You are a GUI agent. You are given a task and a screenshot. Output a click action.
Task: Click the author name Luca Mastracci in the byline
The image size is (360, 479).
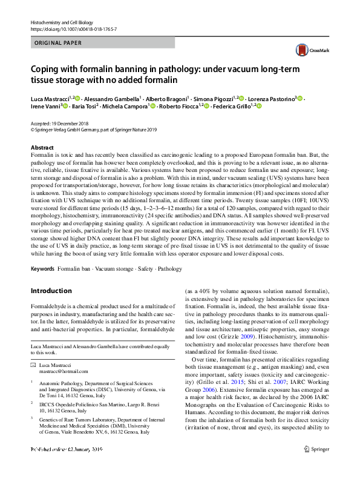[x=50, y=98]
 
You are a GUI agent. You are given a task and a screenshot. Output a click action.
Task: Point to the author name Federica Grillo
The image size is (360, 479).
[x=238, y=106]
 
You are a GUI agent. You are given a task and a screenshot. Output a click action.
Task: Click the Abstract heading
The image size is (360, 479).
[x=42, y=148]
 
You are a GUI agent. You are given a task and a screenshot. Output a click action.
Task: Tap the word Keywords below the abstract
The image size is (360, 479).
[x=42, y=268]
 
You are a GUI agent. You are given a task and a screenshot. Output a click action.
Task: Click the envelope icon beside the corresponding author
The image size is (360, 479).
[x=33, y=366]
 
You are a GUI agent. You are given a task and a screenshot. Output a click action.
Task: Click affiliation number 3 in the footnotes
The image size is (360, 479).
[x=31, y=418]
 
